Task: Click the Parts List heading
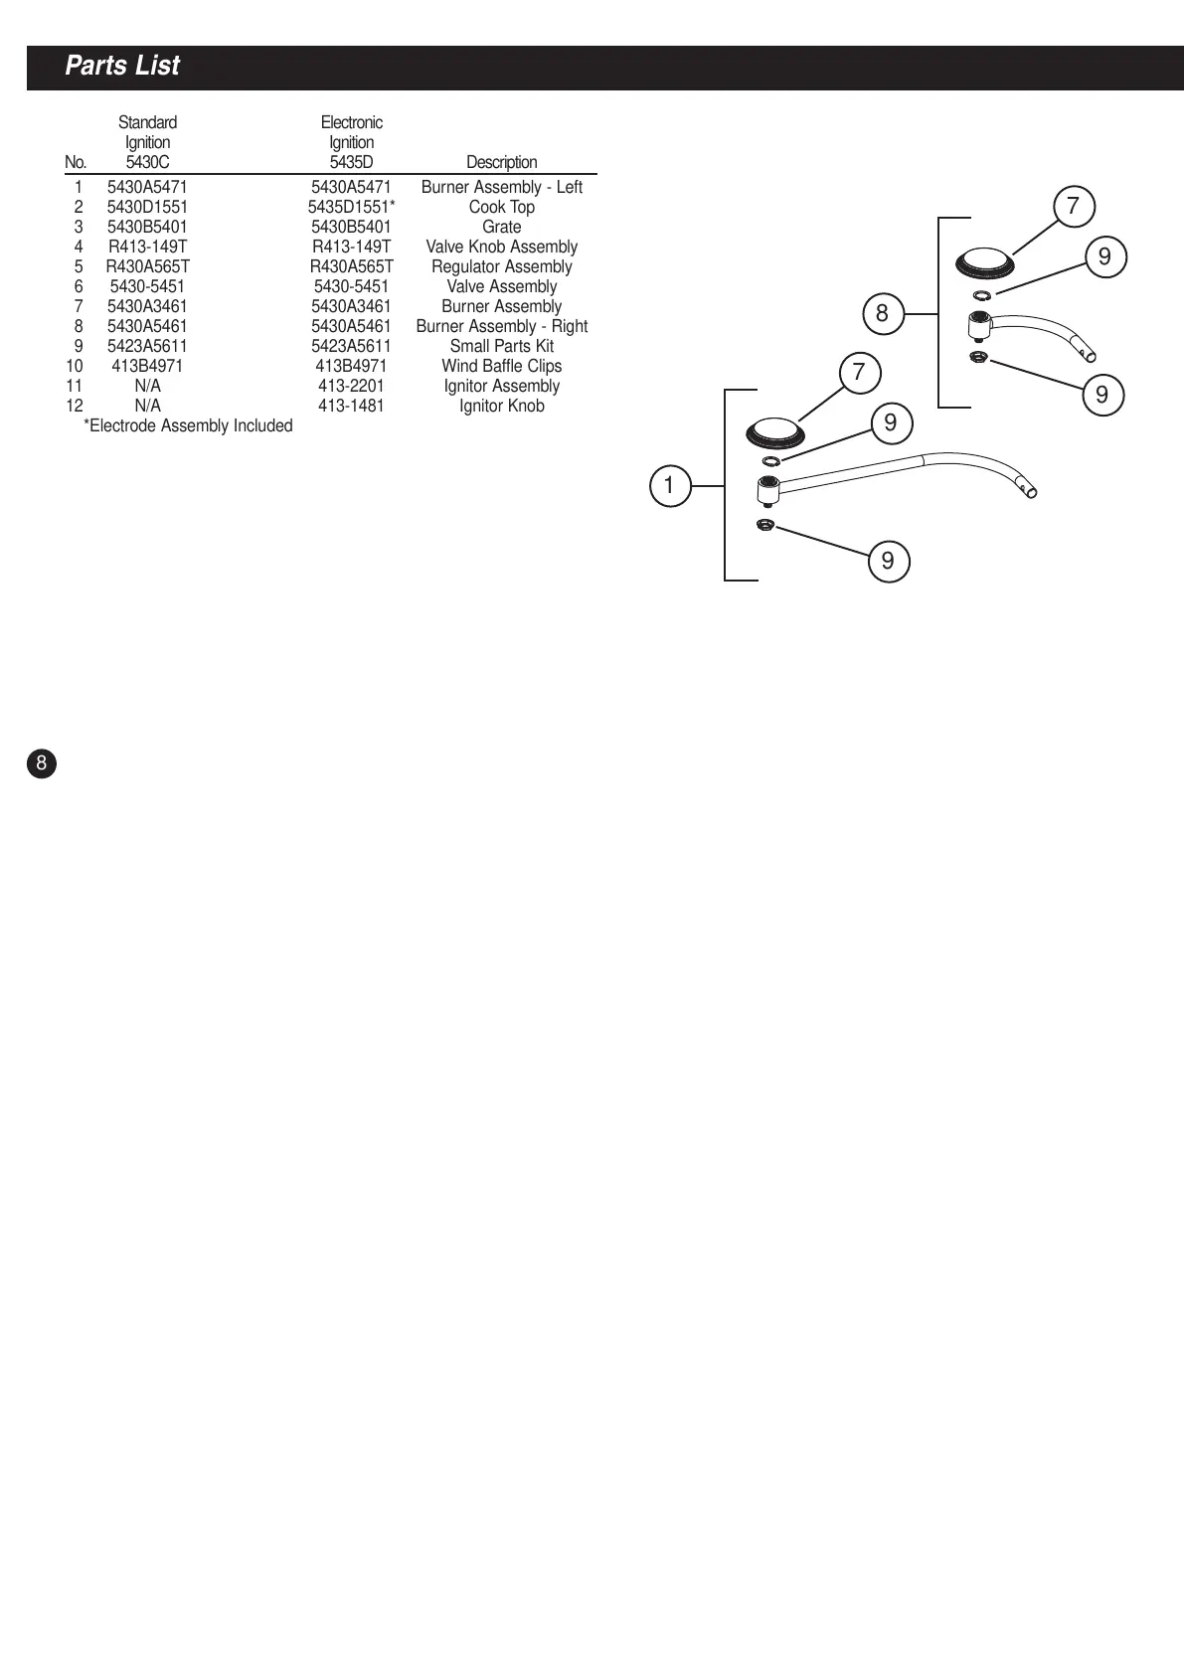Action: pyautogui.click(x=122, y=67)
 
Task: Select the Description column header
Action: pyautogui.click(x=501, y=162)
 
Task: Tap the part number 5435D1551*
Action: pyautogui.click(x=351, y=207)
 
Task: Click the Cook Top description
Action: pyautogui.click(x=501, y=207)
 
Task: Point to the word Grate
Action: pyautogui.click(x=501, y=227)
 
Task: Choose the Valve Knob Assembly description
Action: pyautogui.click(x=501, y=247)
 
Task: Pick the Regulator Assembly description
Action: pyautogui.click(x=501, y=266)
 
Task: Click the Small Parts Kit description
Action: pyautogui.click(x=501, y=346)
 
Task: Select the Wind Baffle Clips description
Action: pyautogui.click(x=501, y=366)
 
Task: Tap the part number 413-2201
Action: pyautogui.click(x=351, y=386)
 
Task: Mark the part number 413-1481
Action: pyautogui.click(x=351, y=406)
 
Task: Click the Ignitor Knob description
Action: pyautogui.click(x=501, y=406)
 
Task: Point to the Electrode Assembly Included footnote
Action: pyautogui.click(x=188, y=425)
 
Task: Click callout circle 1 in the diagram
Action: pyautogui.click(x=669, y=486)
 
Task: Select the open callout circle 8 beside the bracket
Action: pyautogui.click(x=882, y=315)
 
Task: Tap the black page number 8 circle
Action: pyautogui.click(x=41, y=763)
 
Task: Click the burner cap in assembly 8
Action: pyautogui.click(x=984, y=263)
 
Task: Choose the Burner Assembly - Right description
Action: pyautogui.click(x=501, y=326)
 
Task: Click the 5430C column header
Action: pyautogui.click(x=147, y=162)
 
